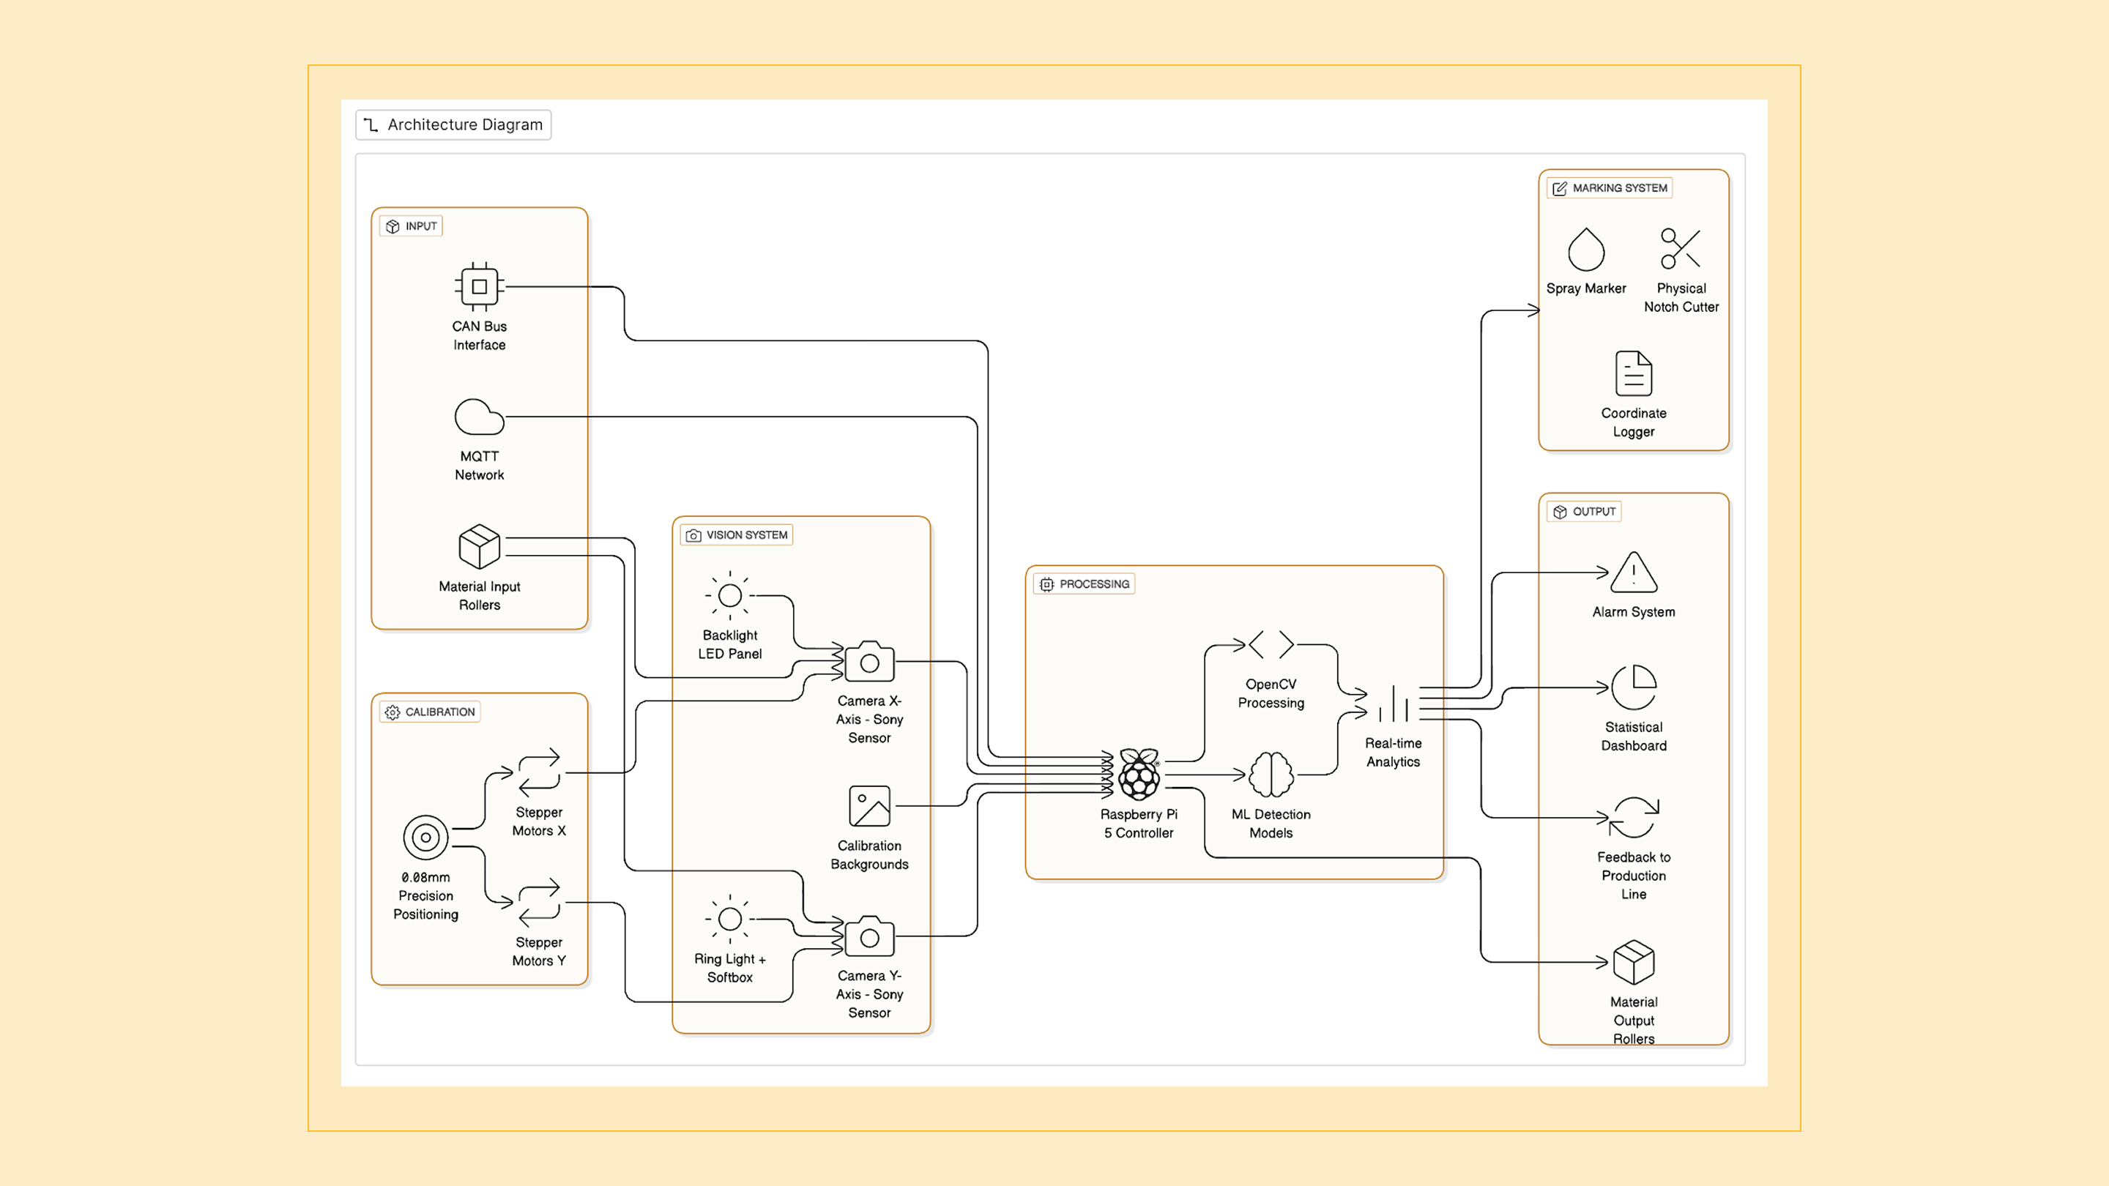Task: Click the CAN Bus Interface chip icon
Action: tap(479, 286)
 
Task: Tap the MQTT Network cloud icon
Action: tap(479, 417)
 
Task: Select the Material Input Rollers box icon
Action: tap(479, 547)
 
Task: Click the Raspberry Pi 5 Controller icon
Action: tap(1139, 775)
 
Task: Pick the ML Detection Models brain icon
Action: tap(1271, 775)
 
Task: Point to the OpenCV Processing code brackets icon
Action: tap(1271, 645)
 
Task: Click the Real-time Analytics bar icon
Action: tap(1393, 704)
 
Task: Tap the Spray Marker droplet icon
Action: tap(1586, 250)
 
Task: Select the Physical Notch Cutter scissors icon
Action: tap(1681, 249)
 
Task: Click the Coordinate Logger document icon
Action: tap(1633, 374)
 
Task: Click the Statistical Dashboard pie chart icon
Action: tap(1633, 687)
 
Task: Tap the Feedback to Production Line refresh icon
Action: tap(1633, 818)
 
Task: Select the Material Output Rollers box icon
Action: tap(1633, 963)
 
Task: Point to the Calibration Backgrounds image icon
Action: tap(869, 807)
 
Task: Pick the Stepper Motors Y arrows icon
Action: tap(539, 903)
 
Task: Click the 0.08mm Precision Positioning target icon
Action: tap(425, 838)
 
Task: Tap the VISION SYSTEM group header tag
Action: tap(737, 535)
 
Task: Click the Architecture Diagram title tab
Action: tap(453, 124)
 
